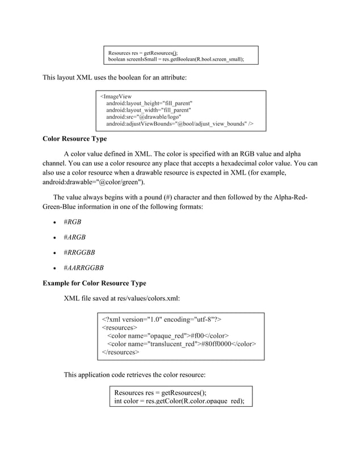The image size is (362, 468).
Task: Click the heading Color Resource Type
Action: pyautogui.click(x=74, y=139)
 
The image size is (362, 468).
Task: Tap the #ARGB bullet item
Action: pyautogui.click(x=74, y=237)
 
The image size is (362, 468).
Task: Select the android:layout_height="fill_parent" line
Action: pyautogui.click(x=149, y=103)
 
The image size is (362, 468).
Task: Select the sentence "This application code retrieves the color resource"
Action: pyautogui.click(x=134, y=375)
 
